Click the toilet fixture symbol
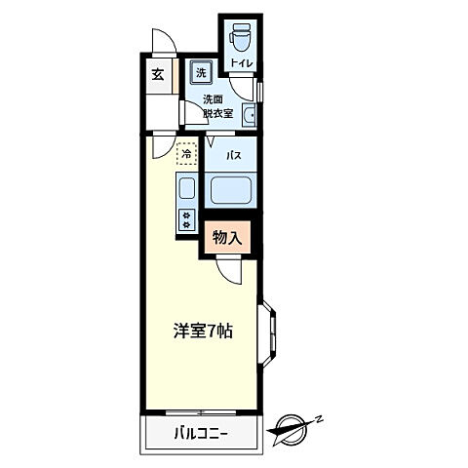pos(239,36)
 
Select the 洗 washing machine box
pos(200,72)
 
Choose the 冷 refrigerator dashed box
pos(185,153)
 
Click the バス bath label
pos(234,155)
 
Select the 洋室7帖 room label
pos(203,330)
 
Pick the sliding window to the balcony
pos(202,410)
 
